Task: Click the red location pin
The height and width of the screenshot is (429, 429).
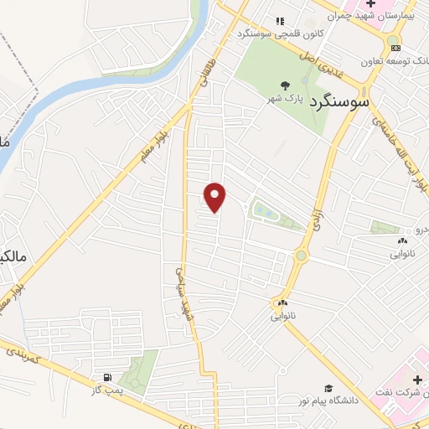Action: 215,197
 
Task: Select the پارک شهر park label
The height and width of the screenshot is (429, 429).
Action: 283,99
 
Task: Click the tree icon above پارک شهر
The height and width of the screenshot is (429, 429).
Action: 285,85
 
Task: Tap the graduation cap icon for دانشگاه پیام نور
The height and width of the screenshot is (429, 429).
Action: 328,388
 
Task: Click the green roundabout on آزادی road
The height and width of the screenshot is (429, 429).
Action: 301,255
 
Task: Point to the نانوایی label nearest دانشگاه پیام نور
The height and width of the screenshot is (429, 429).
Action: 284,317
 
